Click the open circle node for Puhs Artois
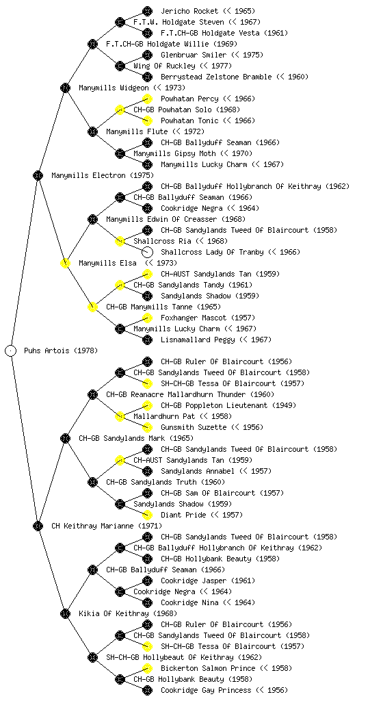coord(11,350)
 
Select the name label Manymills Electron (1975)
coord(103,176)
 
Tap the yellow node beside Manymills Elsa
coord(65,263)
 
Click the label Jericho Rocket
coord(189,11)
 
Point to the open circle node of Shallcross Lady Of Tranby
coord(147,252)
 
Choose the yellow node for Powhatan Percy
coord(147,99)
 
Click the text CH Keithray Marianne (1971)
coord(107,526)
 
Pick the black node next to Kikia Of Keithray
coord(65,613)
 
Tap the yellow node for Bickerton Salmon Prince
coord(147,668)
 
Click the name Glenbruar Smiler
coord(194,55)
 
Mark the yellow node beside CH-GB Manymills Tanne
coord(92,307)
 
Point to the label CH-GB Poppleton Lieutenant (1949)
coord(228,405)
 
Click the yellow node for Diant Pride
coord(147,515)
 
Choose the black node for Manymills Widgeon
coord(65,88)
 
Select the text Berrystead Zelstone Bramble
coord(216,77)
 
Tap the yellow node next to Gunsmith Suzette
coord(147,427)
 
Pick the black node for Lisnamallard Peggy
coord(147,340)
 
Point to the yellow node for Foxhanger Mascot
coord(147,318)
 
